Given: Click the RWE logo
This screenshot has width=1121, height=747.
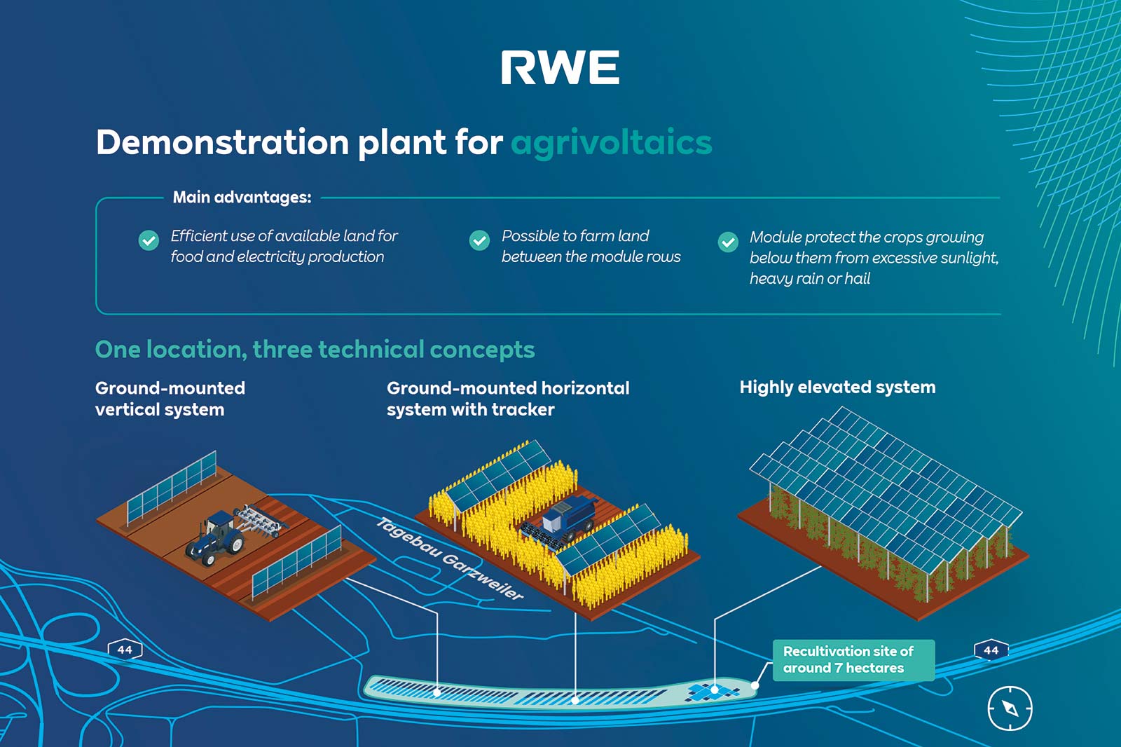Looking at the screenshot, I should click(x=560, y=68).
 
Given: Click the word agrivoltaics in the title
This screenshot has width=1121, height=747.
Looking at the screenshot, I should click(x=611, y=143).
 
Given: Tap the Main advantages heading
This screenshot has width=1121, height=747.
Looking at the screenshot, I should click(x=242, y=198).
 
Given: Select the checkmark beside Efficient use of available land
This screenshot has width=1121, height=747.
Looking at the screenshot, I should click(x=149, y=240).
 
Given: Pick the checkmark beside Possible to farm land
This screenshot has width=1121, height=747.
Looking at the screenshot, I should click(x=479, y=240).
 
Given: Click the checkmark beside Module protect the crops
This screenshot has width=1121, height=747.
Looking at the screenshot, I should click(x=728, y=242).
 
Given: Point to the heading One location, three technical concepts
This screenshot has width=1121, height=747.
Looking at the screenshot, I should click(x=315, y=349).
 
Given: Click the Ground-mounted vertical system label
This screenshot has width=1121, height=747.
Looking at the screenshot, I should click(x=170, y=399).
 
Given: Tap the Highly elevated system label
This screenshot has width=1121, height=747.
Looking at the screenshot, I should click(x=837, y=387).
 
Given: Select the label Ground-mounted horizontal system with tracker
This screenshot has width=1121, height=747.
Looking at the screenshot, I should click(x=507, y=399).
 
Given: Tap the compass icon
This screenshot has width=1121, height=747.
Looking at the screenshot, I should click(x=1010, y=708).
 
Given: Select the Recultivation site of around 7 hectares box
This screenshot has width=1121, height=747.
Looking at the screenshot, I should click(x=853, y=659).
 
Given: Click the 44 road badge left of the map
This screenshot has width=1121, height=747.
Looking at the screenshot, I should click(x=125, y=650).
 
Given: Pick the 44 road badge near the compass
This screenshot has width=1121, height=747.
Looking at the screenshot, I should click(x=991, y=650).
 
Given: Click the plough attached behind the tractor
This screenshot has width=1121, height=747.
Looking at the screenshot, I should click(x=261, y=521).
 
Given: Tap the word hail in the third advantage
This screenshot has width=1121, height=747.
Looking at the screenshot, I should click(x=857, y=279).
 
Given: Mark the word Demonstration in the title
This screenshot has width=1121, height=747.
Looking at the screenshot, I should click(x=222, y=143).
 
